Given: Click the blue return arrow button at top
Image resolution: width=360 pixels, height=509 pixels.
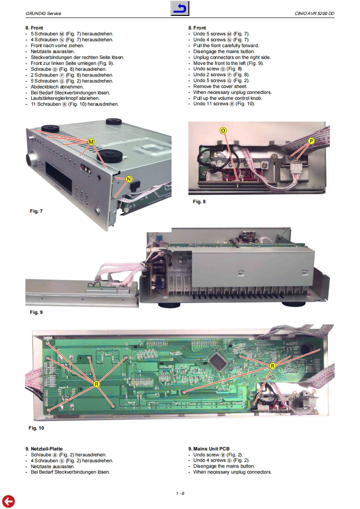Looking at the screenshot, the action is click(x=180, y=9).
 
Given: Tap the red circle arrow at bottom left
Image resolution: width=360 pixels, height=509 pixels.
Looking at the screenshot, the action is click(x=8, y=501).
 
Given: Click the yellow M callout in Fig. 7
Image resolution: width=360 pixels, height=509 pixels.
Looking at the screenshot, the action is click(x=91, y=142).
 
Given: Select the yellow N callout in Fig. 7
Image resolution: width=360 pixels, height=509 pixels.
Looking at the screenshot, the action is click(x=128, y=179).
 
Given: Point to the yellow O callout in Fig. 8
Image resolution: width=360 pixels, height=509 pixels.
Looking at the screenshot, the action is click(x=223, y=131).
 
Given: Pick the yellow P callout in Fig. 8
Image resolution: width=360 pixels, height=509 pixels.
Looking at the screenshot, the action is click(x=311, y=141).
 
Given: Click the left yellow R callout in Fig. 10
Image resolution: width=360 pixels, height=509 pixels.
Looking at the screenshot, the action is click(x=96, y=384).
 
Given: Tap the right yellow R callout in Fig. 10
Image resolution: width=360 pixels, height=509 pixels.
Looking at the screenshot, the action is click(x=272, y=366).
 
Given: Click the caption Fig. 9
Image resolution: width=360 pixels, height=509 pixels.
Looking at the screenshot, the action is click(x=36, y=312).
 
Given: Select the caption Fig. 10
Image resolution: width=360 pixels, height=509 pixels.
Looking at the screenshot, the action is click(x=36, y=428).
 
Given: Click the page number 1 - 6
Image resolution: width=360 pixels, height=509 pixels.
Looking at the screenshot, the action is click(x=180, y=494).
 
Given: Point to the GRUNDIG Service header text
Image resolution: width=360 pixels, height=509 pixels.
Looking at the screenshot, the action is click(x=43, y=13).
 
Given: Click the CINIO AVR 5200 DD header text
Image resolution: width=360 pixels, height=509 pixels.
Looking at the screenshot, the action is click(x=314, y=13).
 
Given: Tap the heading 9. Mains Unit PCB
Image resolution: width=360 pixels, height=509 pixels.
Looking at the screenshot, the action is click(x=209, y=449).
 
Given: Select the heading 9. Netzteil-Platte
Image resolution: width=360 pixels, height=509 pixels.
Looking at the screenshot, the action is click(x=44, y=449).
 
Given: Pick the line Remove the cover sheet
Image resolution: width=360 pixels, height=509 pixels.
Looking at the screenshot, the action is click(x=220, y=86).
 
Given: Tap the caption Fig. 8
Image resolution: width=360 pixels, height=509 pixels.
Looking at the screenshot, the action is click(x=199, y=201).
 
